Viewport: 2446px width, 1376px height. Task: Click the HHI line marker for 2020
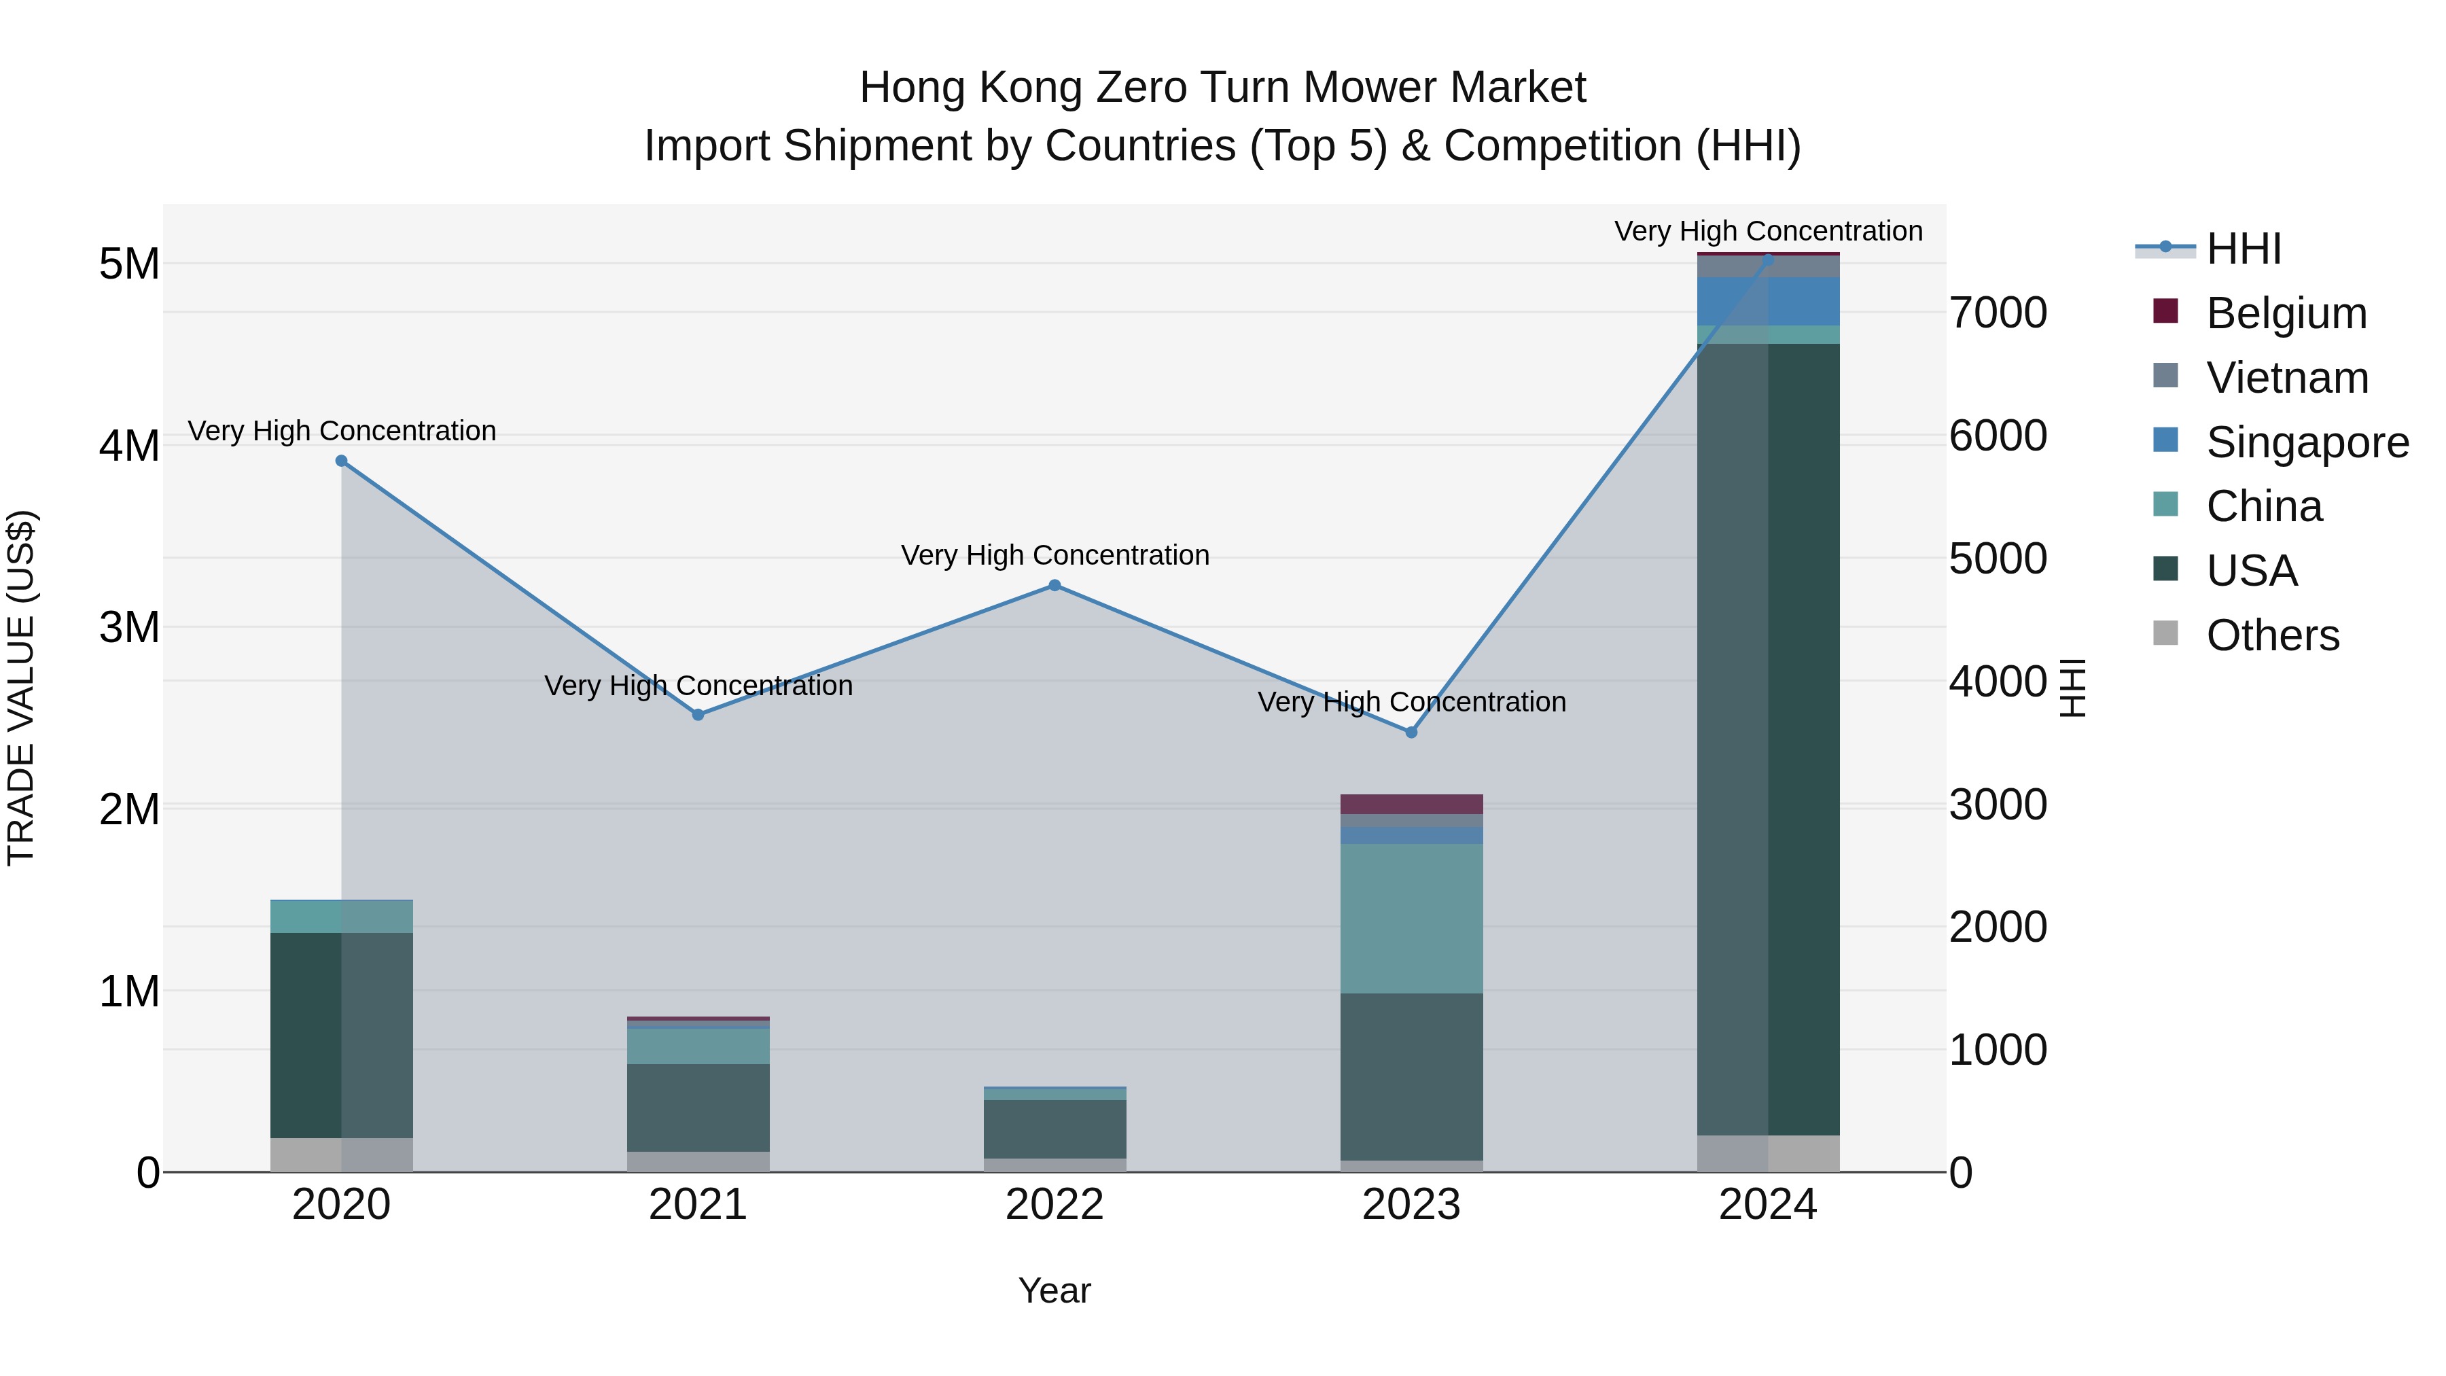[x=342, y=461]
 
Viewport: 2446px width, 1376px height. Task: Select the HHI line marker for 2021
[x=698, y=714]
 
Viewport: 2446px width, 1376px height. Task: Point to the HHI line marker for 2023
[x=1411, y=732]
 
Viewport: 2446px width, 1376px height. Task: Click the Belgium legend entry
[x=2286, y=313]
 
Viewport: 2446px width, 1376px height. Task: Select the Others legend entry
[x=2272, y=635]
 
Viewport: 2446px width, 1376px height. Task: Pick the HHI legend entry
[x=2243, y=249]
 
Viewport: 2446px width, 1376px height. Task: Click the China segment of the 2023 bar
[x=1411, y=917]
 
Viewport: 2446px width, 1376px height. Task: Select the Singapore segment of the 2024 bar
[x=1768, y=301]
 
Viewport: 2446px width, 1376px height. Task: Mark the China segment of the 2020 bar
[x=342, y=917]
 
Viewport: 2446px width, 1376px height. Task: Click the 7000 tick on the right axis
[x=1998, y=313]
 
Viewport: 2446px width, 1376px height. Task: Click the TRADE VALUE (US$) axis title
[x=21, y=688]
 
